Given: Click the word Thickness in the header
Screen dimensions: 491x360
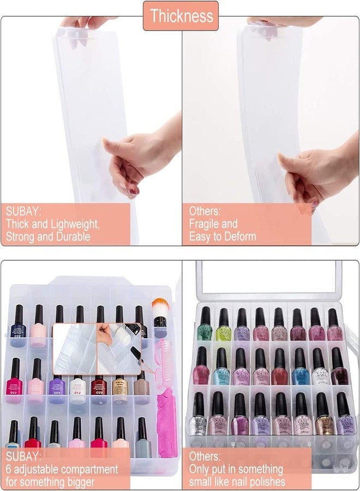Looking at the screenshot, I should tap(181, 15).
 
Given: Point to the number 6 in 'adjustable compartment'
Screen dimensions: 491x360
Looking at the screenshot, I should tap(9, 469).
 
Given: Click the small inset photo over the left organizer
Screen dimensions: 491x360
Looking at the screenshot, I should tap(97, 341).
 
